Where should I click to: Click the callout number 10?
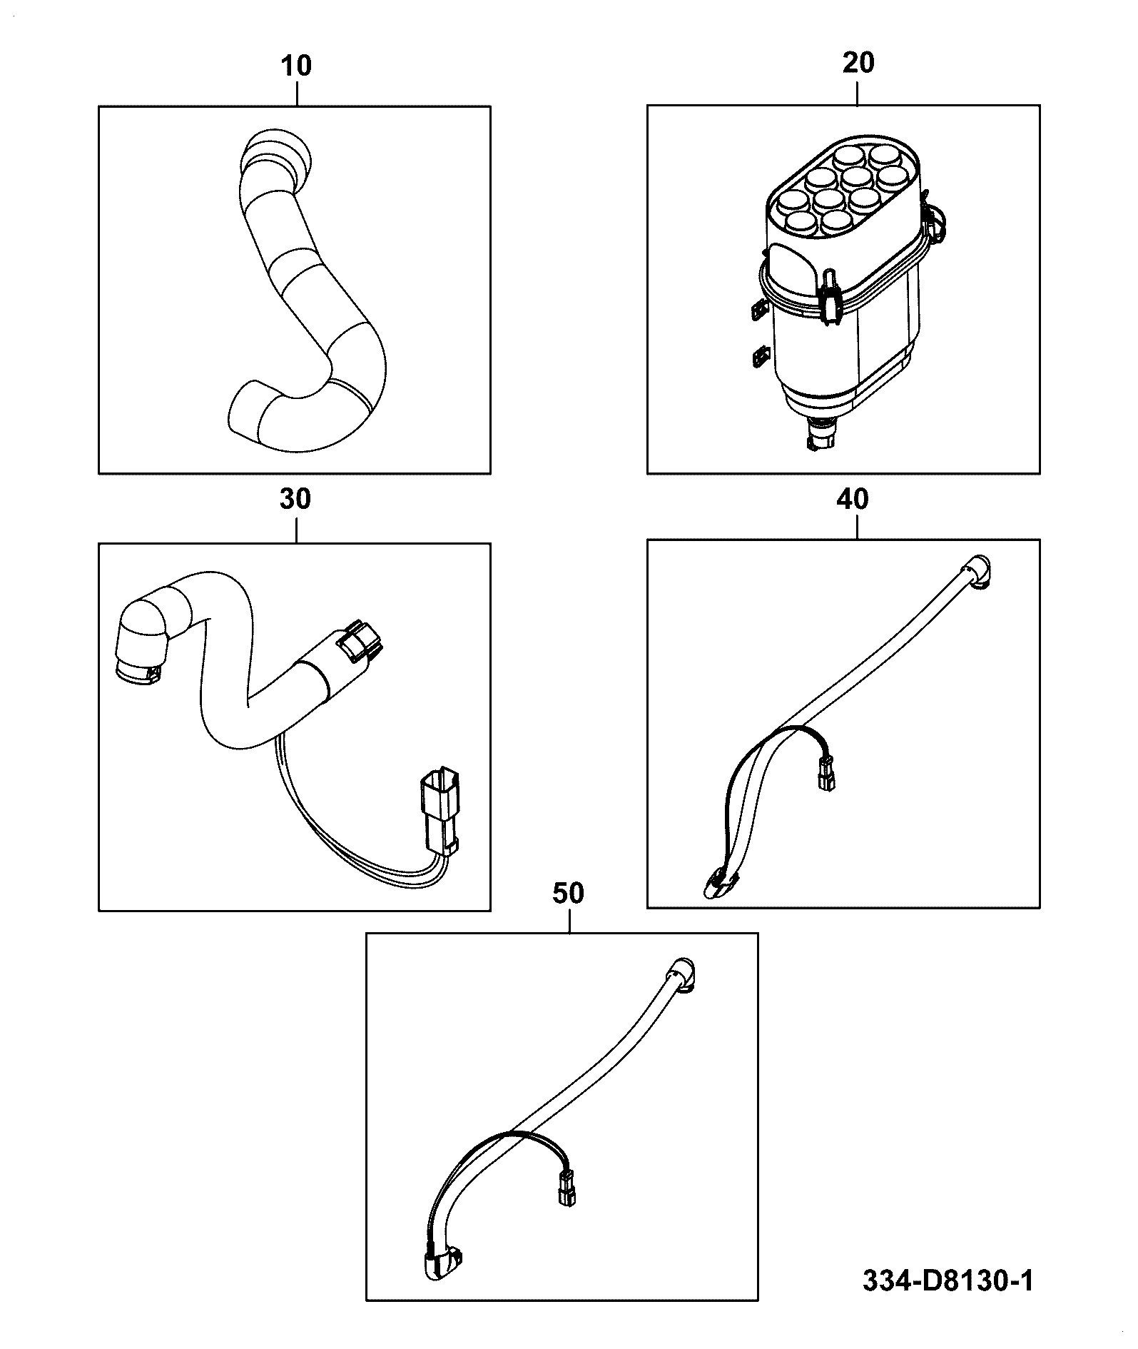coord(297,66)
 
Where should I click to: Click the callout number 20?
coord(858,63)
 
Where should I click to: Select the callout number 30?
coord(295,500)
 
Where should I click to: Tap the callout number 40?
coord(853,500)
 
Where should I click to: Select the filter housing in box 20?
coord(845,286)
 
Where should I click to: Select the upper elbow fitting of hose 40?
coord(977,573)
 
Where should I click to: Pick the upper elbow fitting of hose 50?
coord(684,974)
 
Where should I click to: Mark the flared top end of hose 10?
coord(277,153)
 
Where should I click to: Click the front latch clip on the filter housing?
coord(830,300)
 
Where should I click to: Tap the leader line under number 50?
coord(569,919)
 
